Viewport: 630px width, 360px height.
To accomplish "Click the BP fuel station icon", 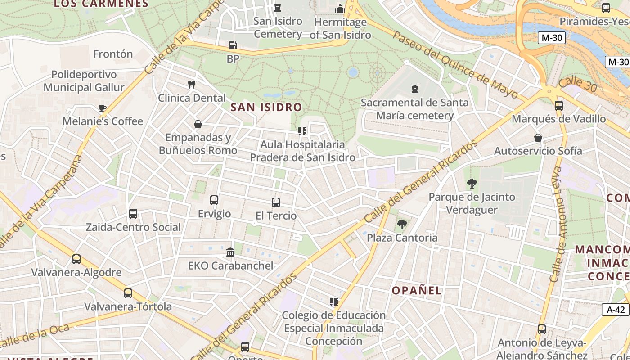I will point(233,45).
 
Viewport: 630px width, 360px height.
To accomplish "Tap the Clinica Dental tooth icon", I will point(191,84).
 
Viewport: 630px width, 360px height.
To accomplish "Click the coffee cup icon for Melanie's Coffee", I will point(103,108).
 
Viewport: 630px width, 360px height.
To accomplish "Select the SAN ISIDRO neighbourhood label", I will point(266,107).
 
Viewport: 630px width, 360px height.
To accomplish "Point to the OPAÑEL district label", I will point(417,290).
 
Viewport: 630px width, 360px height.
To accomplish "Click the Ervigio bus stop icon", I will point(214,200).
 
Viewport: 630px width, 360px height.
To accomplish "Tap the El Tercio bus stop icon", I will point(276,202).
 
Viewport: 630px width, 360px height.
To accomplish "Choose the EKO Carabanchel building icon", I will point(230,252).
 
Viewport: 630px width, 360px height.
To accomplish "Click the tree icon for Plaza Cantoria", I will point(402,224).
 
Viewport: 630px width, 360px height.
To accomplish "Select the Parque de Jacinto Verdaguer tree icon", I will point(472,184).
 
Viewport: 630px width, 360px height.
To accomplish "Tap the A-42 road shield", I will point(616,310).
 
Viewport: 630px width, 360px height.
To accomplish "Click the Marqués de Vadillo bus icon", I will point(558,106).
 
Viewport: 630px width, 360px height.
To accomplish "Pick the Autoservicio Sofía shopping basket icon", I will point(538,138).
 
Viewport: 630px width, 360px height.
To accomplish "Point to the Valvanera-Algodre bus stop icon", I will point(76,259).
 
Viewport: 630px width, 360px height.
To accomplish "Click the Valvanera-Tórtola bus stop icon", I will point(128,293).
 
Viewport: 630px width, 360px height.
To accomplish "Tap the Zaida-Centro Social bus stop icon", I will point(133,214).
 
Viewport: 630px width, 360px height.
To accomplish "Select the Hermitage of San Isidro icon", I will point(340,9).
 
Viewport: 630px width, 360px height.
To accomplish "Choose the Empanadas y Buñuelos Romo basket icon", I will point(198,124).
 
